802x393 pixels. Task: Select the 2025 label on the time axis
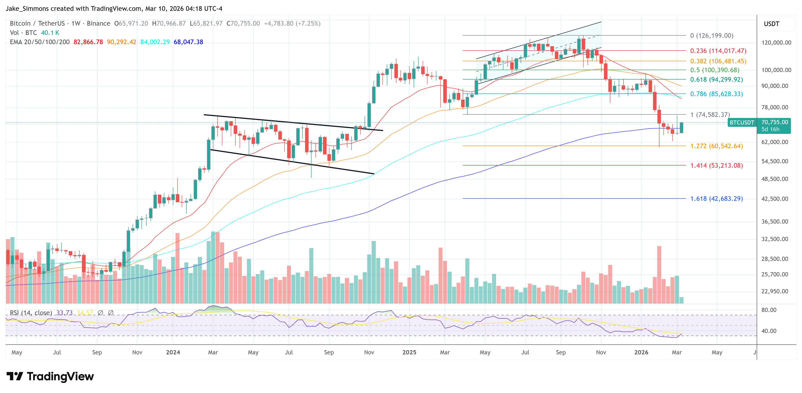click(409, 352)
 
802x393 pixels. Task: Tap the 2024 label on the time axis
click(173, 352)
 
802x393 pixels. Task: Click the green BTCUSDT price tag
click(742, 123)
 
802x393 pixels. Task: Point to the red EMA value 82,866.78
click(88, 42)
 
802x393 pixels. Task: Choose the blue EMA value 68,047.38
click(188, 42)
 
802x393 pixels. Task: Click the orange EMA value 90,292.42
click(121, 42)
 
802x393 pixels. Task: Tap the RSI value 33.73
click(65, 313)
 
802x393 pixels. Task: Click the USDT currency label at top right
click(771, 24)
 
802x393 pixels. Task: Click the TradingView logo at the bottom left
click(50, 376)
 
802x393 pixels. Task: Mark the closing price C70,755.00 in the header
click(243, 23)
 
